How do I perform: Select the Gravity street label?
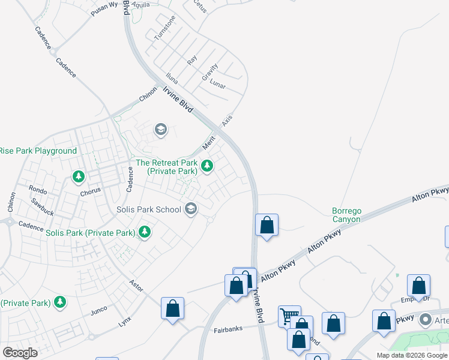209,73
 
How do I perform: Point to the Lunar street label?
218,86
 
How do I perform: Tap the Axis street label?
226,120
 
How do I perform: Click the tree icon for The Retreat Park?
207,165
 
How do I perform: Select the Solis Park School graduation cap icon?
191,209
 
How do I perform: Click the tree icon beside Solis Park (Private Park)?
145,232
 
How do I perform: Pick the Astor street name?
136,286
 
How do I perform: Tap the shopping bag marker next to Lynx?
173,309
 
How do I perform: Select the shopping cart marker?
289,316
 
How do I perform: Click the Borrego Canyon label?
347,215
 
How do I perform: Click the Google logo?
20,353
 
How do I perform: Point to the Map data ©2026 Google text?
411,355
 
